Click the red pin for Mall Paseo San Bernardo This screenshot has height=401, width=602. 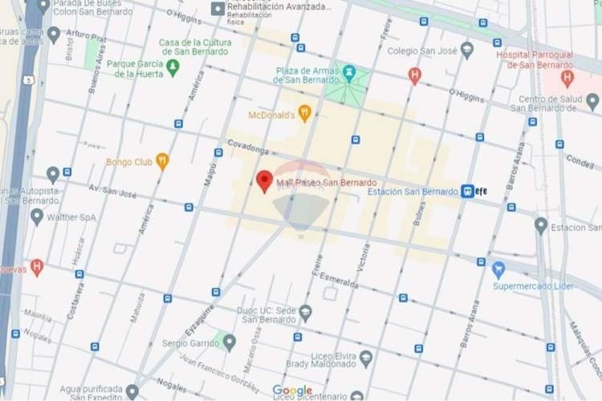264,180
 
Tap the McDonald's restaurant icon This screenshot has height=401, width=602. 304,113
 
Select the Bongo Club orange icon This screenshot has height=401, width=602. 162,161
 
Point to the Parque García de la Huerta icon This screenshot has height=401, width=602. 173,68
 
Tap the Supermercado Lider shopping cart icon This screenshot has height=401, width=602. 498,269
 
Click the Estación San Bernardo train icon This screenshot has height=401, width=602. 467,191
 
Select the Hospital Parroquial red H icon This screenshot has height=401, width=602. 567,78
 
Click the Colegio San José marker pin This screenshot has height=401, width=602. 467,50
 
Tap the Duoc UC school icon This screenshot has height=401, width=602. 305,312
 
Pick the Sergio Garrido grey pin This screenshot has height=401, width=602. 229,342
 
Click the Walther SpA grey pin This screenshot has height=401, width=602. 37,217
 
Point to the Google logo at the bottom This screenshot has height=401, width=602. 292,391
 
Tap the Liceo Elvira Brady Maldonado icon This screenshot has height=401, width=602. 366,358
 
